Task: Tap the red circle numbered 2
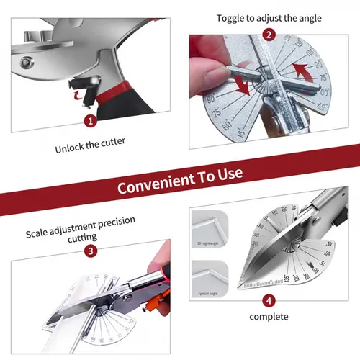coord(269,34)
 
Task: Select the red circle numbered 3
coord(91,250)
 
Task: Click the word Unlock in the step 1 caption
coord(71,150)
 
